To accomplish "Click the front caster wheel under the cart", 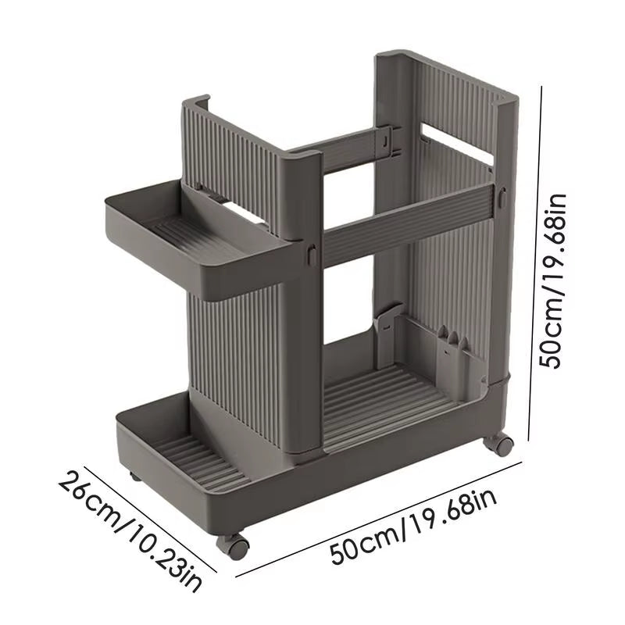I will pos(238,545).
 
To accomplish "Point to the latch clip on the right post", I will pos(502,198).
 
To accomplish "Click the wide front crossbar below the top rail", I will pos(406,223).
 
